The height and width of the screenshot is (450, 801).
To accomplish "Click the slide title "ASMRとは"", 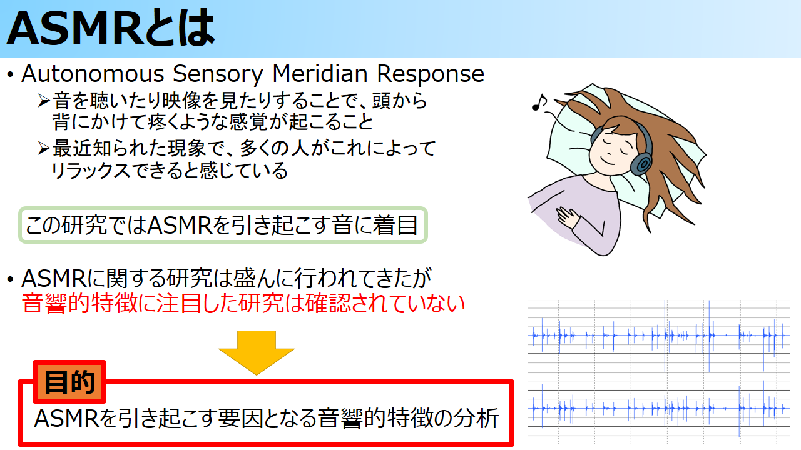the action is click(x=111, y=29).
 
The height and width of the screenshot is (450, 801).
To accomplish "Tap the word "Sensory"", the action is click(x=218, y=75).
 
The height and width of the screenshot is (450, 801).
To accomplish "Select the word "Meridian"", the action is click(x=320, y=74).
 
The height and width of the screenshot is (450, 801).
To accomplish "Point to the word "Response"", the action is click(x=431, y=75).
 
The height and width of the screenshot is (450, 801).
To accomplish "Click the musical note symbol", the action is click(x=539, y=102).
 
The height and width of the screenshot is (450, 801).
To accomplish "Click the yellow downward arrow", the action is click(x=257, y=352).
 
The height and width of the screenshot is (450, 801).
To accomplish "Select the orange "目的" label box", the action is click(x=69, y=382).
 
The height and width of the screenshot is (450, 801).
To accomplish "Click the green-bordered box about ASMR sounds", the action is click(x=223, y=226).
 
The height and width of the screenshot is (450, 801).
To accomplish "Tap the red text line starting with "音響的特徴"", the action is click(x=243, y=304).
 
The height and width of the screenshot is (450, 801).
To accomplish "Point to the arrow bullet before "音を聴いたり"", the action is click(x=44, y=101).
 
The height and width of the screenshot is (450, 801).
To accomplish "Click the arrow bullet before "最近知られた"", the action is click(x=44, y=148).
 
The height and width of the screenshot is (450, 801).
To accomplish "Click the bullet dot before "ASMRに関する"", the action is click(x=11, y=279).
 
